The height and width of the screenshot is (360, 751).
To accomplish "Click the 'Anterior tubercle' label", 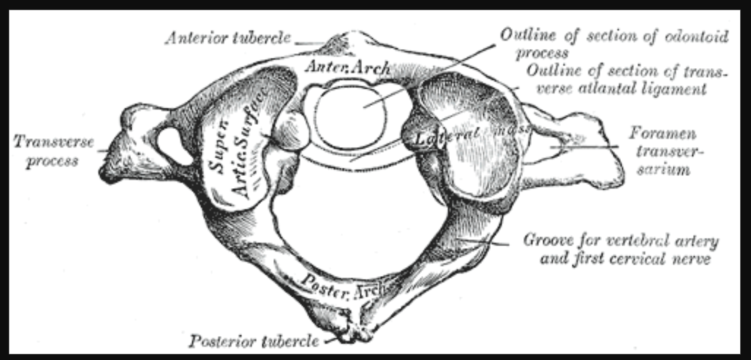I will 227,38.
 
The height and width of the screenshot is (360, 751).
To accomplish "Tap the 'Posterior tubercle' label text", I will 253,340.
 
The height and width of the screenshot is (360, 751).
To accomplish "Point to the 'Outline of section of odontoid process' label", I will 613,42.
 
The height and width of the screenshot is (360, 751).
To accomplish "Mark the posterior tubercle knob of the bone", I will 352,332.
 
